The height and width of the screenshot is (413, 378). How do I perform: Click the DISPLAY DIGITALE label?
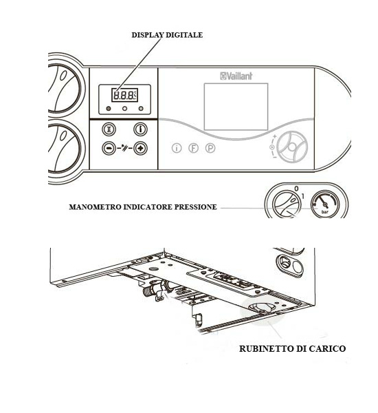click(x=167, y=35)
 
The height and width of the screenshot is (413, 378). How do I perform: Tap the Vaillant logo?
click(x=236, y=76)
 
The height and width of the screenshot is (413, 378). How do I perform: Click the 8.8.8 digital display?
click(x=124, y=95)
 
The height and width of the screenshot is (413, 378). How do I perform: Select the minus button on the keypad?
click(x=109, y=148)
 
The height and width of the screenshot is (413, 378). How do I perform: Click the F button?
click(x=193, y=148)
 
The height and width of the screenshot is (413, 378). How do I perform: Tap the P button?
click(x=210, y=148)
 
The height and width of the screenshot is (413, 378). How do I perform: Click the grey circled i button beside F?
click(x=177, y=148)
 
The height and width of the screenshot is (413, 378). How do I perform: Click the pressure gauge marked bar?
click(x=325, y=204)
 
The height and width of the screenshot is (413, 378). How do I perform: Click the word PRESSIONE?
click(x=196, y=207)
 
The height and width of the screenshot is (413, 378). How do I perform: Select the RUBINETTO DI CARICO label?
click(x=292, y=349)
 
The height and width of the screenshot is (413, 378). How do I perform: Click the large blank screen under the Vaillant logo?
click(x=236, y=107)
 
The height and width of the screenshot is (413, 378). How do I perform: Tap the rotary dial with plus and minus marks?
click(x=292, y=147)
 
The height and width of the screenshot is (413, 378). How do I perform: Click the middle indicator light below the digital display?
click(x=124, y=109)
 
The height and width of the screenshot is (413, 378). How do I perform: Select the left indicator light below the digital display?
click(x=109, y=109)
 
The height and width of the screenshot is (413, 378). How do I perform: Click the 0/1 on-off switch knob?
click(x=287, y=204)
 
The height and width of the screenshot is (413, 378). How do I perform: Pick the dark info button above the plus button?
click(x=140, y=129)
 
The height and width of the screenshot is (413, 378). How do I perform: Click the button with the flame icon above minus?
click(x=109, y=129)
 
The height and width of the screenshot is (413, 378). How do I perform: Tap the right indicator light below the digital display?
click(x=141, y=109)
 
